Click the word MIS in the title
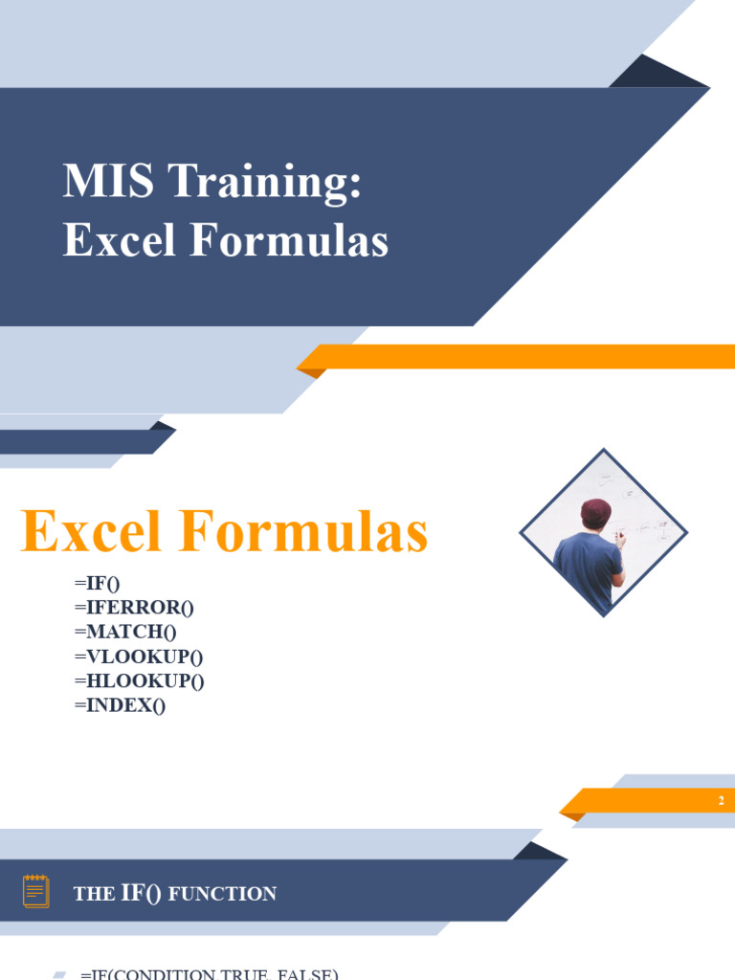click(x=97, y=181)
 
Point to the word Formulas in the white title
click(x=289, y=240)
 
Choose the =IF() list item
click(x=97, y=583)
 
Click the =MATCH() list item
click(x=125, y=633)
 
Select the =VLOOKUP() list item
click(x=138, y=657)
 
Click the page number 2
click(x=721, y=801)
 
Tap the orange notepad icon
click(x=35, y=891)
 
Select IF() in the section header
click(x=141, y=894)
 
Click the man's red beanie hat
click(x=595, y=512)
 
